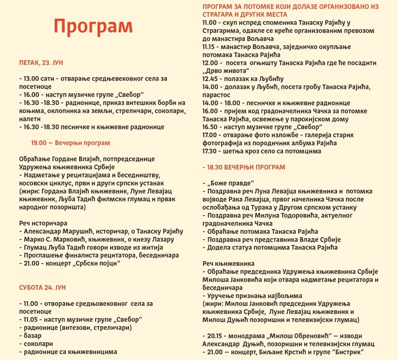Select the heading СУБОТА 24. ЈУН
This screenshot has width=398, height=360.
[x=42, y=288]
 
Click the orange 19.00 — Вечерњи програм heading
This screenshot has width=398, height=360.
[x=70, y=143]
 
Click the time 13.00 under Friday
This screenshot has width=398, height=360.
[x=31, y=79]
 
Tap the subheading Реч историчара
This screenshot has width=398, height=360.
[x=43, y=223]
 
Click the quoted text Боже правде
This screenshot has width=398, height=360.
[x=229, y=183]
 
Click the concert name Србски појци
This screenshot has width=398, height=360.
[x=100, y=264]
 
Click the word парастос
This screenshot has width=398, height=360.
[x=219, y=95]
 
